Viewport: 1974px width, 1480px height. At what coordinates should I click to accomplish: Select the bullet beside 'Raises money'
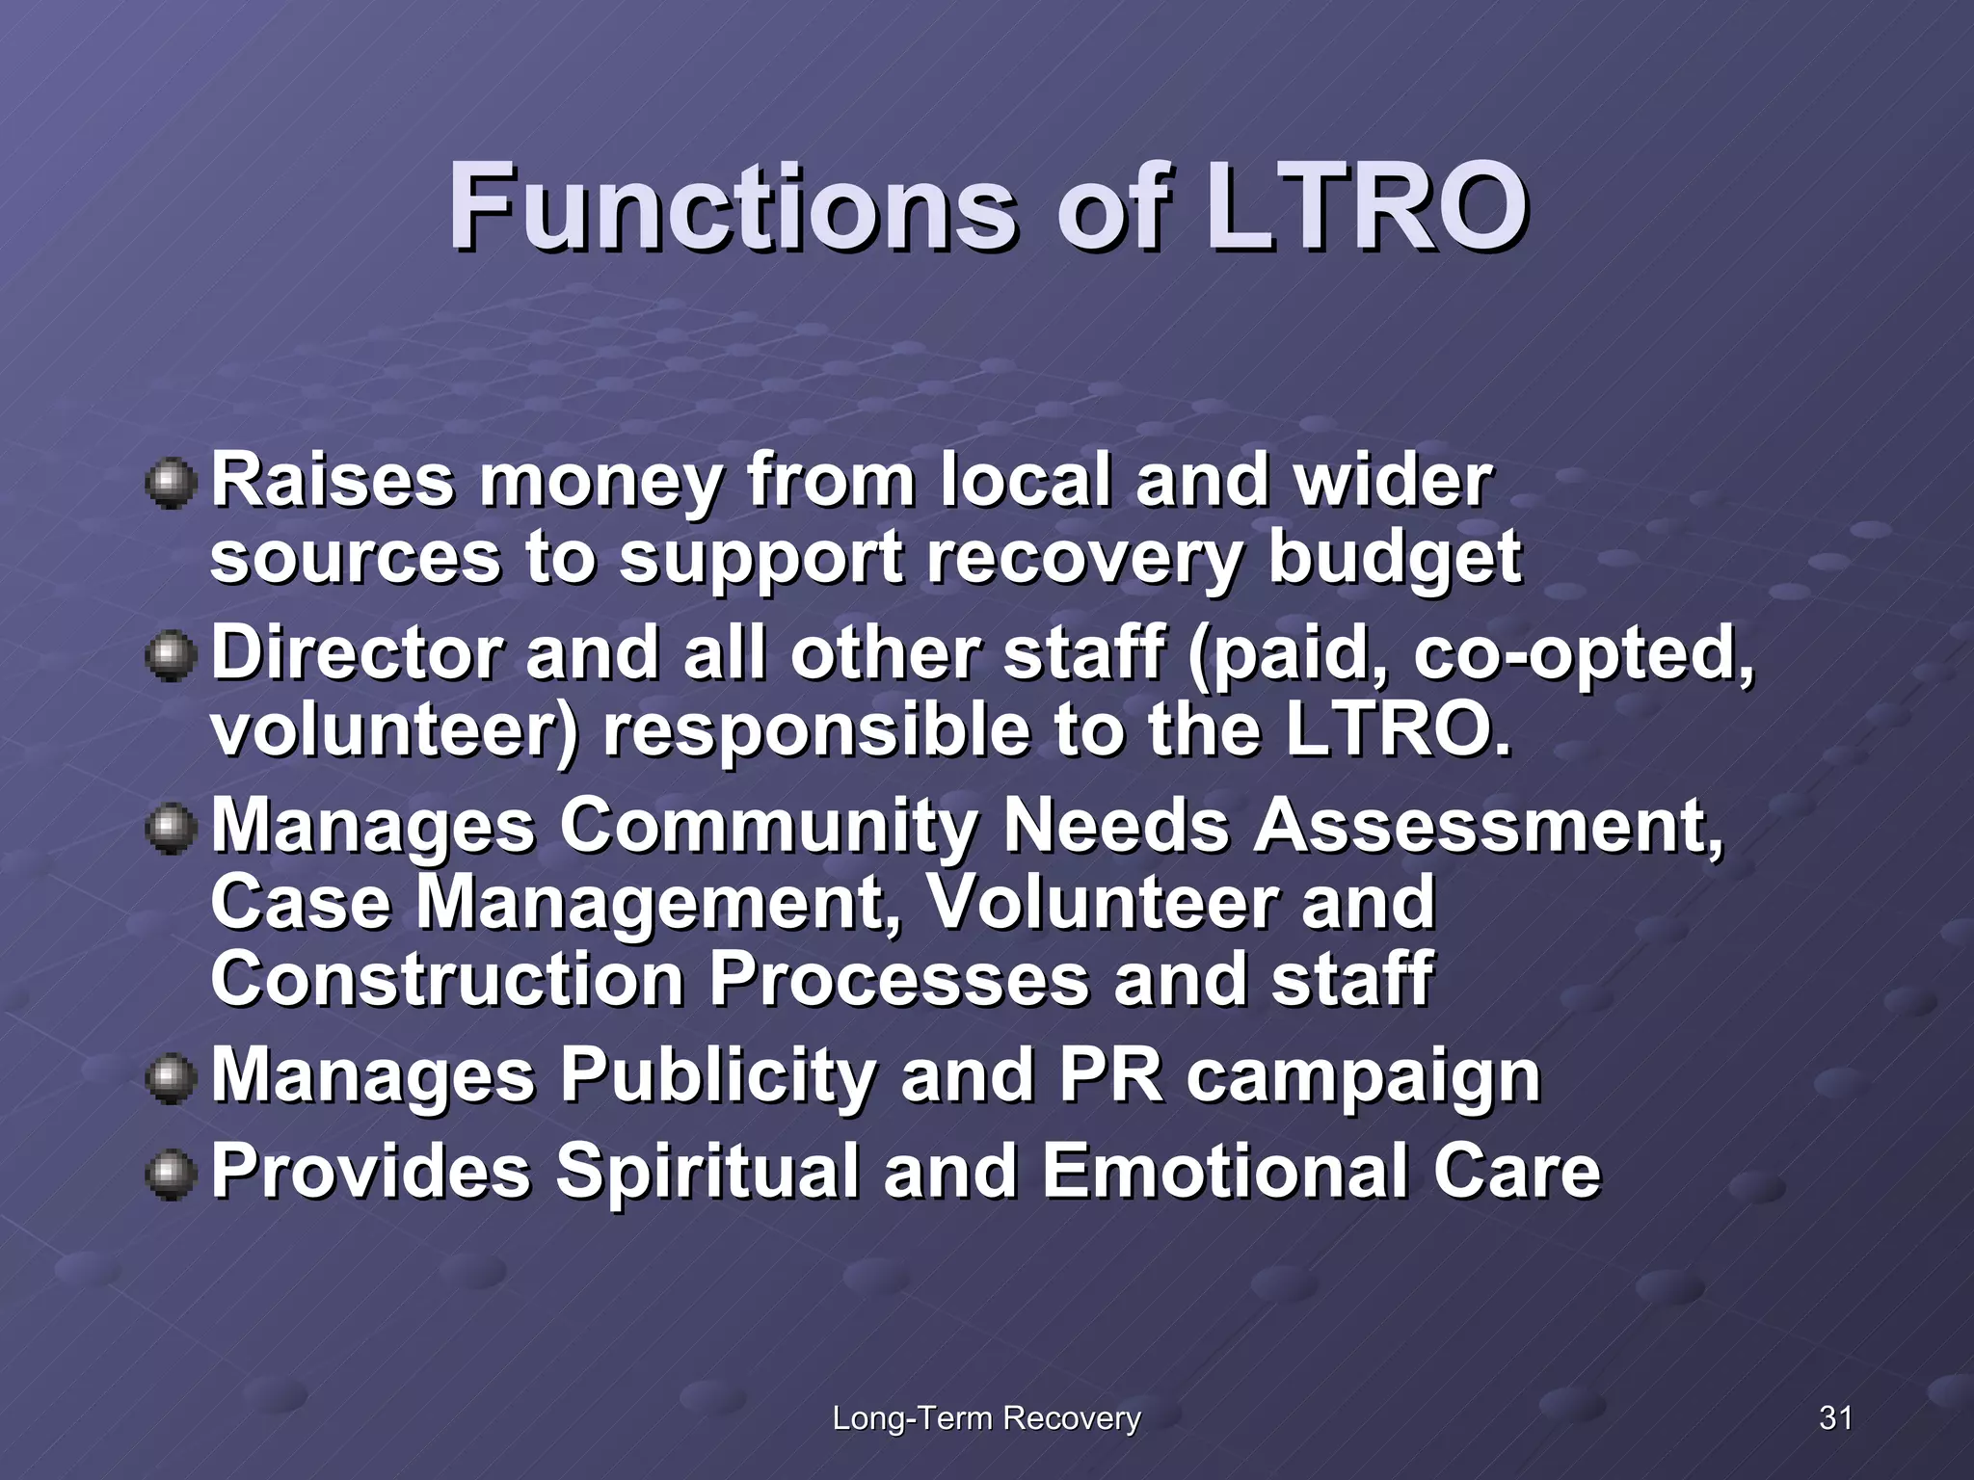click(171, 482)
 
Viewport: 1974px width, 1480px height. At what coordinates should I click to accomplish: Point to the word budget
click(1394, 559)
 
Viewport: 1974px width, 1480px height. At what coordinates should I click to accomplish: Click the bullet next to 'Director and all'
click(171, 655)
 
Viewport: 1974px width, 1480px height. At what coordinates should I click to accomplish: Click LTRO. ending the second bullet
click(1398, 730)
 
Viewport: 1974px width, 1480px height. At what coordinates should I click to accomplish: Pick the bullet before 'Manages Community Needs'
click(171, 827)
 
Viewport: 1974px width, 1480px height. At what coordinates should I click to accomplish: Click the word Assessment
click(1487, 827)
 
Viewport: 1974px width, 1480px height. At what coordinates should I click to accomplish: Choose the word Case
click(301, 903)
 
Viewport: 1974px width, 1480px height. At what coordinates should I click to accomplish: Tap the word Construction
click(447, 979)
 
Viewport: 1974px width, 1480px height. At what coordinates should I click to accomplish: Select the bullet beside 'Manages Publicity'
click(171, 1077)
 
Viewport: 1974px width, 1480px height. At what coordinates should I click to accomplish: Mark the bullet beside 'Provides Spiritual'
click(171, 1174)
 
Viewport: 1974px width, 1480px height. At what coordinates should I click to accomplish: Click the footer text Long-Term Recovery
click(986, 1417)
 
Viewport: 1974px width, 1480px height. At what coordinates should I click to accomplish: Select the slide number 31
click(1835, 1417)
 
